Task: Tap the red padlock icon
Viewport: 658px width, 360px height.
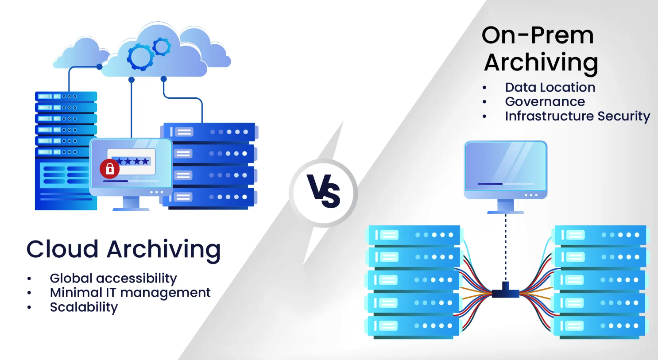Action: [109, 169]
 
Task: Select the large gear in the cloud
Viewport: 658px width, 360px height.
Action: [140, 57]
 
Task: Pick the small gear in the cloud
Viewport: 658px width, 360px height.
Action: [162, 46]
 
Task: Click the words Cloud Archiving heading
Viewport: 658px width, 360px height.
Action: [124, 249]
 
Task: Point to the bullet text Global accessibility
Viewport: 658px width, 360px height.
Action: [113, 278]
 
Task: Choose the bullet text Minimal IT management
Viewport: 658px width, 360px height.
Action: [130, 293]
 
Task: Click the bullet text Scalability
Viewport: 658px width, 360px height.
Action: [84, 307]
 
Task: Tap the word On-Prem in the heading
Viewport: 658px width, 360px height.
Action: [538, 35]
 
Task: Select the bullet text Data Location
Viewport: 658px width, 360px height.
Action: [550, 87]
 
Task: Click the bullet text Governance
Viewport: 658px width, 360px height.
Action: [545, 101]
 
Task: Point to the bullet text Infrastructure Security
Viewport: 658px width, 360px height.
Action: [577, 116]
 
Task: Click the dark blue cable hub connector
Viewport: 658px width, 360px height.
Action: [506, 291]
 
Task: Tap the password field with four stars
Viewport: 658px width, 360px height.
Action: [132, 161]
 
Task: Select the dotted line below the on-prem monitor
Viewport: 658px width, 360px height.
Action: [506, 248]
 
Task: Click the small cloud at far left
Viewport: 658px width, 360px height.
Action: [80, 55]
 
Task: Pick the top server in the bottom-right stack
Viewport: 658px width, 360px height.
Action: [600, 235]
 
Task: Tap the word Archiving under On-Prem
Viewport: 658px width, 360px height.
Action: [541, 62]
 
